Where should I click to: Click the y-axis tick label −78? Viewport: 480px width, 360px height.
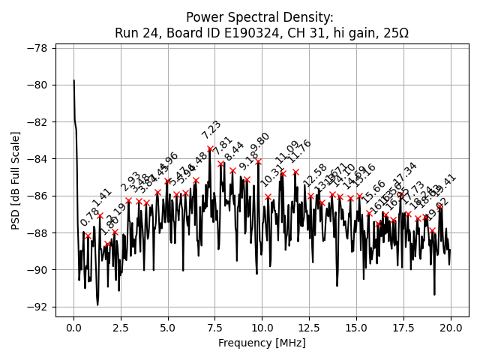tap(37, 48)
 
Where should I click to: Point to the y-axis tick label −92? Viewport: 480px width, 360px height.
tap(37, 307)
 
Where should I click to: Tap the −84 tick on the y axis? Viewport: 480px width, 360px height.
tap(37, 159)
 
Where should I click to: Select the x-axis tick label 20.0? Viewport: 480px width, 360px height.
tap(450, 328)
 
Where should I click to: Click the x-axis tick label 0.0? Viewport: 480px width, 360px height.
tap(73, 328)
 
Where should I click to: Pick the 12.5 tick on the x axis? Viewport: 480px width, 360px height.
tap(309, 328)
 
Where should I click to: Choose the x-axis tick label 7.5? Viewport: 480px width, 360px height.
tap(214, 328)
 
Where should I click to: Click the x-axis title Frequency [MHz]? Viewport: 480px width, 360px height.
tap(262, 343)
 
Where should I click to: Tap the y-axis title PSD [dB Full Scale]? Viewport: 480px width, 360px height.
tap(16, 180)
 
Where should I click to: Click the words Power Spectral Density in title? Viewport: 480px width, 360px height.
tap(259, 17)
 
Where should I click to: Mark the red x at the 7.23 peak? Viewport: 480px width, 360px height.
tap(210, 148)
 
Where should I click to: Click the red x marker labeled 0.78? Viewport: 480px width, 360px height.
tap(88, 235)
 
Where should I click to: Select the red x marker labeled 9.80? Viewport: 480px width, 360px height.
tap(258, 161)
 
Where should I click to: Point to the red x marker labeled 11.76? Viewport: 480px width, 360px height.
tap(295, 172)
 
